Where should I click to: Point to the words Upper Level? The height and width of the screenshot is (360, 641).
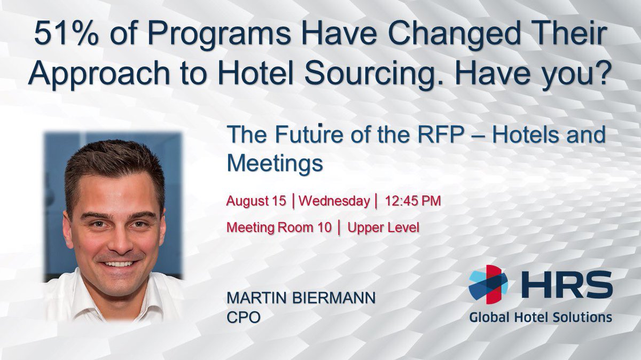click(x=383, y=226)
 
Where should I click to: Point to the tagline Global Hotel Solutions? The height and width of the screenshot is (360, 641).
click(x=540, y=317)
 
